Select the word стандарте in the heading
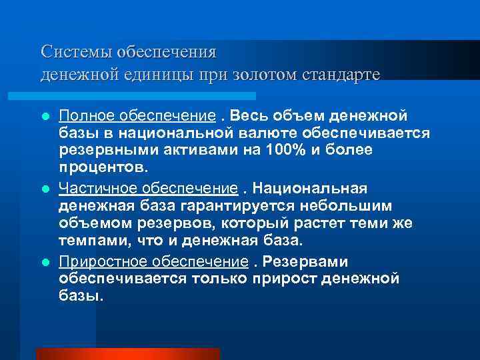[x=341, y=74]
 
